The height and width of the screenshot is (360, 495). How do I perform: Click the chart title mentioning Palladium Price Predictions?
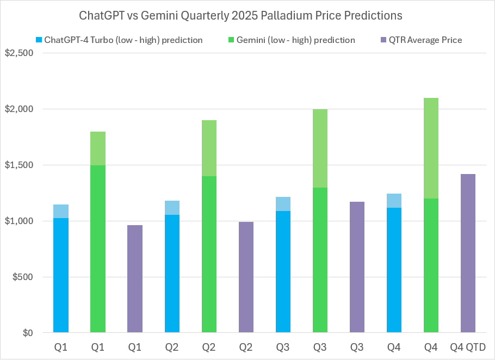(240, 15)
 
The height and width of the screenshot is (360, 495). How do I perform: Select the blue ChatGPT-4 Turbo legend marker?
(39, 40)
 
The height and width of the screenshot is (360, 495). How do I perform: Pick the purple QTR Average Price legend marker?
(383, 40)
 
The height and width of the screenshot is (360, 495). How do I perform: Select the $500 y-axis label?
(21, 277)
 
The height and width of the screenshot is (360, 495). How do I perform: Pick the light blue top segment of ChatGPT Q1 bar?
(61, 211)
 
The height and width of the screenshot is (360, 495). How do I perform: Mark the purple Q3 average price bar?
(357, 267)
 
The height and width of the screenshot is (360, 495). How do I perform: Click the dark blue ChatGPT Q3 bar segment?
(283, 272)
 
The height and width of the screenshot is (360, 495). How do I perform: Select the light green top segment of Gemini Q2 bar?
(209, 148)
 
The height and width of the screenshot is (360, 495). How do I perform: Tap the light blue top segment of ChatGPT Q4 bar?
(394, 201)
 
